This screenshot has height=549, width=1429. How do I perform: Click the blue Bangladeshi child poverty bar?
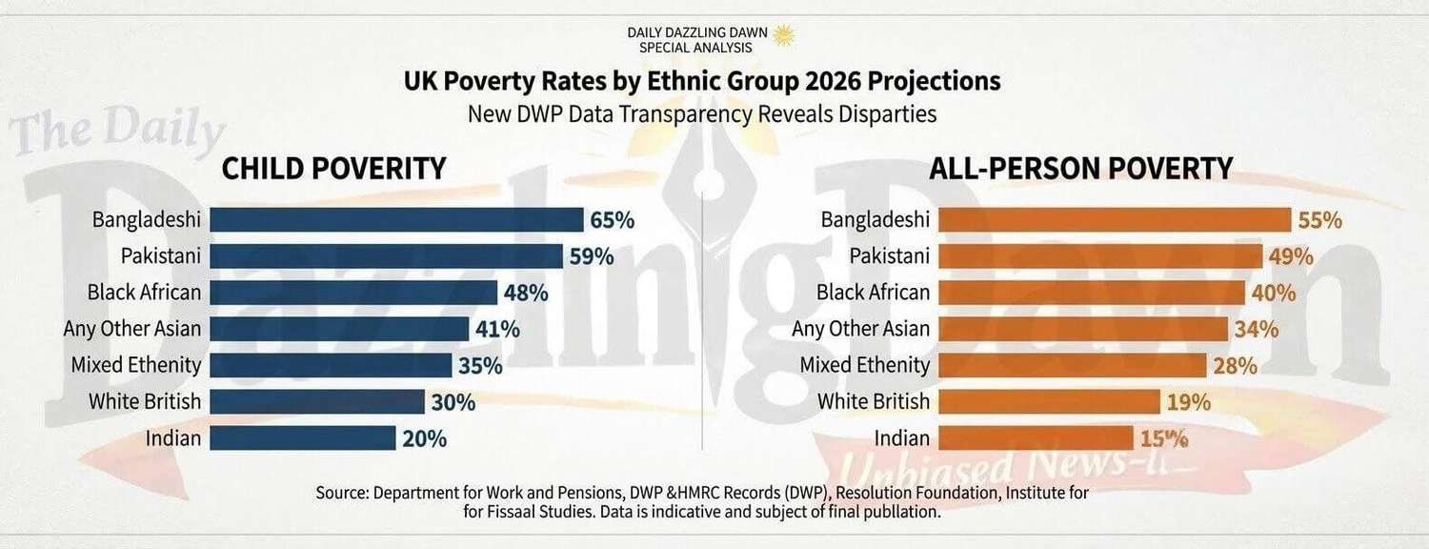tap(396, 220)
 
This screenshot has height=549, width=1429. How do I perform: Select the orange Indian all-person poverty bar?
tap(1036, 438)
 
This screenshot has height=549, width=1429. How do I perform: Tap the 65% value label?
tap(612, 220)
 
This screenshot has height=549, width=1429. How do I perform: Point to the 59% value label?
tap(592, 256)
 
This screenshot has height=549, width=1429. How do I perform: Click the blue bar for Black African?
tap(353, 293)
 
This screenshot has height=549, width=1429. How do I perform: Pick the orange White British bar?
tap(1048, 402)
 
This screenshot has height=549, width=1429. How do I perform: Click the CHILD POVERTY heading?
tap(333, 169)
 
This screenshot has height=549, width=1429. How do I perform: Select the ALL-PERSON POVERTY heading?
tap(1081, 169)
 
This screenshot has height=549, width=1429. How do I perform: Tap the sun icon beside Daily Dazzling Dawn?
tap(783, 35)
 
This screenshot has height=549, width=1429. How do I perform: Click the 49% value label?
tap(1291, 256)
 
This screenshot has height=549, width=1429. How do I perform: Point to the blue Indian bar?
tap(302, 438)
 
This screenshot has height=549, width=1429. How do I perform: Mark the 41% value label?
tap(497, 330)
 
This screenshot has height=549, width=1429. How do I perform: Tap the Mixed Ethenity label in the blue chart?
tap(136, 365)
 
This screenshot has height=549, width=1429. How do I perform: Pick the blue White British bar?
tap(316, 402)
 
